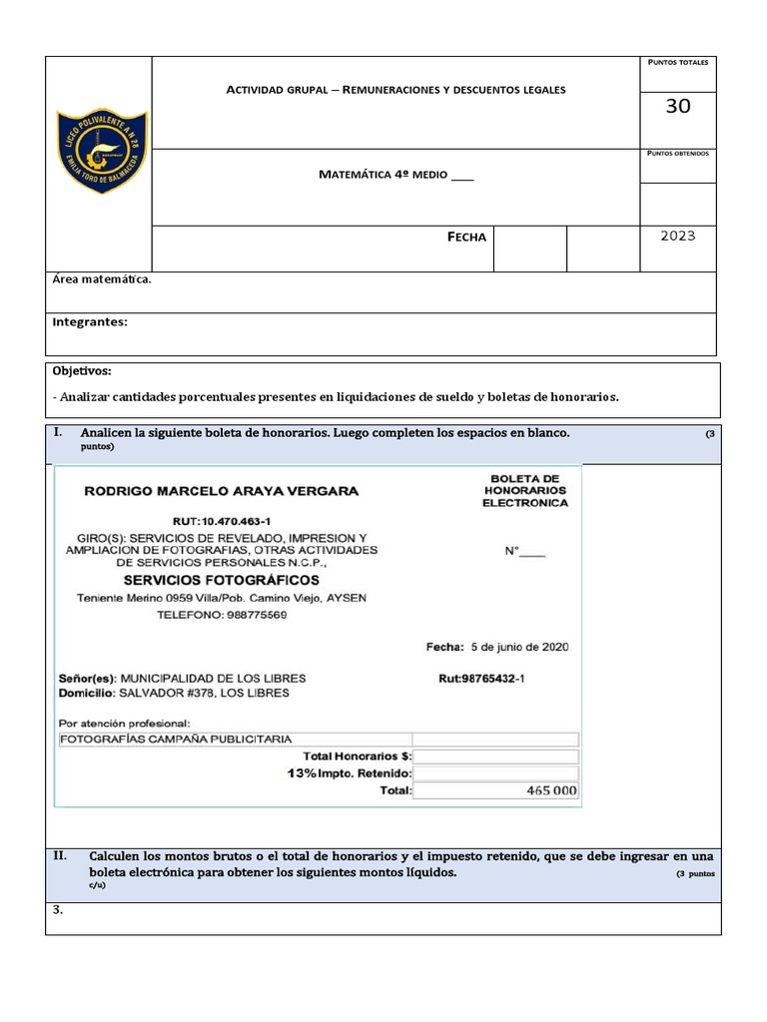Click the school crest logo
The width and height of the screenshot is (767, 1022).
point(99,151)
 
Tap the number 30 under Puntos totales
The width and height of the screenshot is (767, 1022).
point(677,107)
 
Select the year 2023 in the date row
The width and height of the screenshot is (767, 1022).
point(677,237)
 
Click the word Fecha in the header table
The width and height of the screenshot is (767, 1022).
point(466,238)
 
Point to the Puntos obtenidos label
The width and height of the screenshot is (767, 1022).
point(678,154)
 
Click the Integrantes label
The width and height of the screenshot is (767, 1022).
point(90,322)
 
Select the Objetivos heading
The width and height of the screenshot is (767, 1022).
point(82,371)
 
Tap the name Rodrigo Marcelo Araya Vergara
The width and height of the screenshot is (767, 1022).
point(221,491)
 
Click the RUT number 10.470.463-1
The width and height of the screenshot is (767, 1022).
point(221,520)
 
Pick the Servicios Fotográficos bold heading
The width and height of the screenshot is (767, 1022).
point(221,580)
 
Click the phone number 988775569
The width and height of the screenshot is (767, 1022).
point(222,615)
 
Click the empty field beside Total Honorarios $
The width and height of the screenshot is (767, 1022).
point(495,757)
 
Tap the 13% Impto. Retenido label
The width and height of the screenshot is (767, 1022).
point(349,773)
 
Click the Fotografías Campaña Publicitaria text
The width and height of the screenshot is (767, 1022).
point(176,740)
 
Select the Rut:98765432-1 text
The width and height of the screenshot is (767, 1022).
point(481,678)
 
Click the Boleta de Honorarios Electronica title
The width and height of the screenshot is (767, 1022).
point(524,491)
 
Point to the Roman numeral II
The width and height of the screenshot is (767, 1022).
point(59,856)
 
